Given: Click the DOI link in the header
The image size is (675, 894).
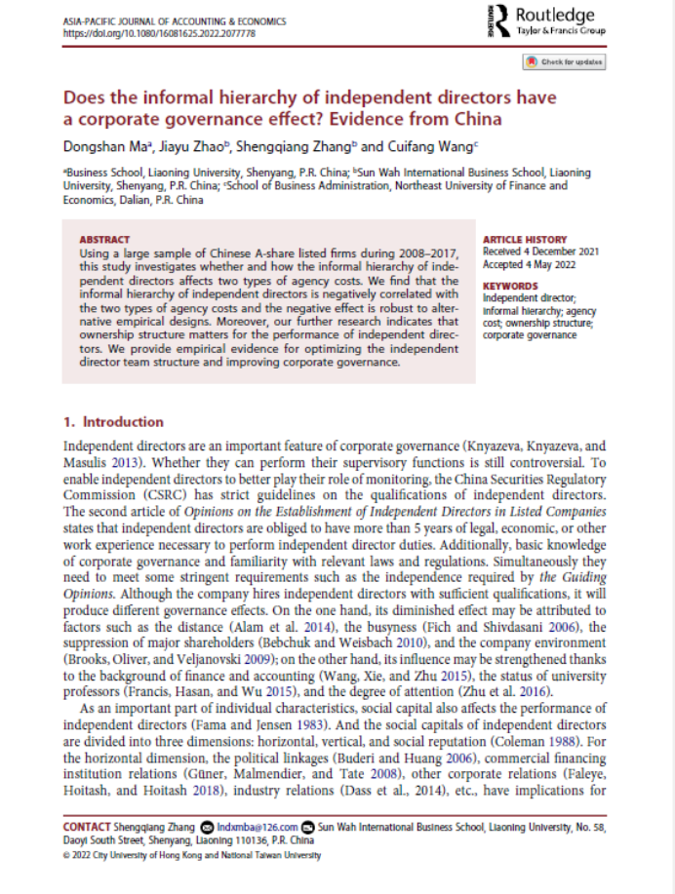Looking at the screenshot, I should click(x=159, y=32).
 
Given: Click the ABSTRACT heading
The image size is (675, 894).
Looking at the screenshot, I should click(x=103, y=239).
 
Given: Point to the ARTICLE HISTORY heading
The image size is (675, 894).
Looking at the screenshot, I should click(x=525, y=239).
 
